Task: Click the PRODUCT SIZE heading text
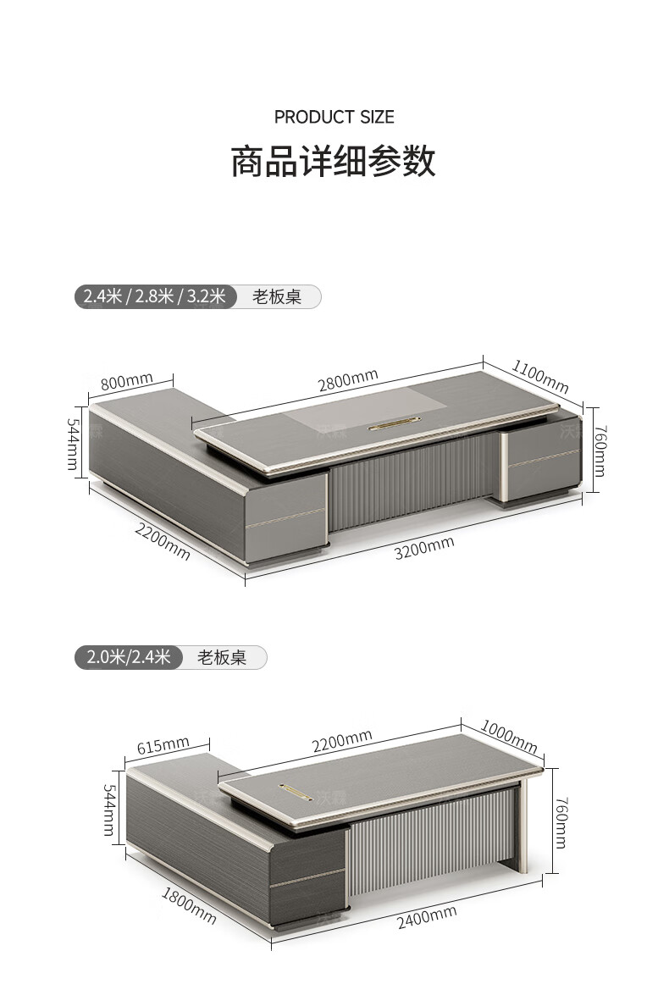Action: (334, 117)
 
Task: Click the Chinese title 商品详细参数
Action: (334, 161)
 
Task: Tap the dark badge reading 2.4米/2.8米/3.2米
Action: (155, 296)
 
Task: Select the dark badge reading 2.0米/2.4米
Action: (128, 657)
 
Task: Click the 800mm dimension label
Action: (126, 382)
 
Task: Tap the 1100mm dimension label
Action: (539, 376)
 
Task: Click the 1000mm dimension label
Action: (509, 736)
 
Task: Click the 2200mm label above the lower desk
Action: (341, 743)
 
